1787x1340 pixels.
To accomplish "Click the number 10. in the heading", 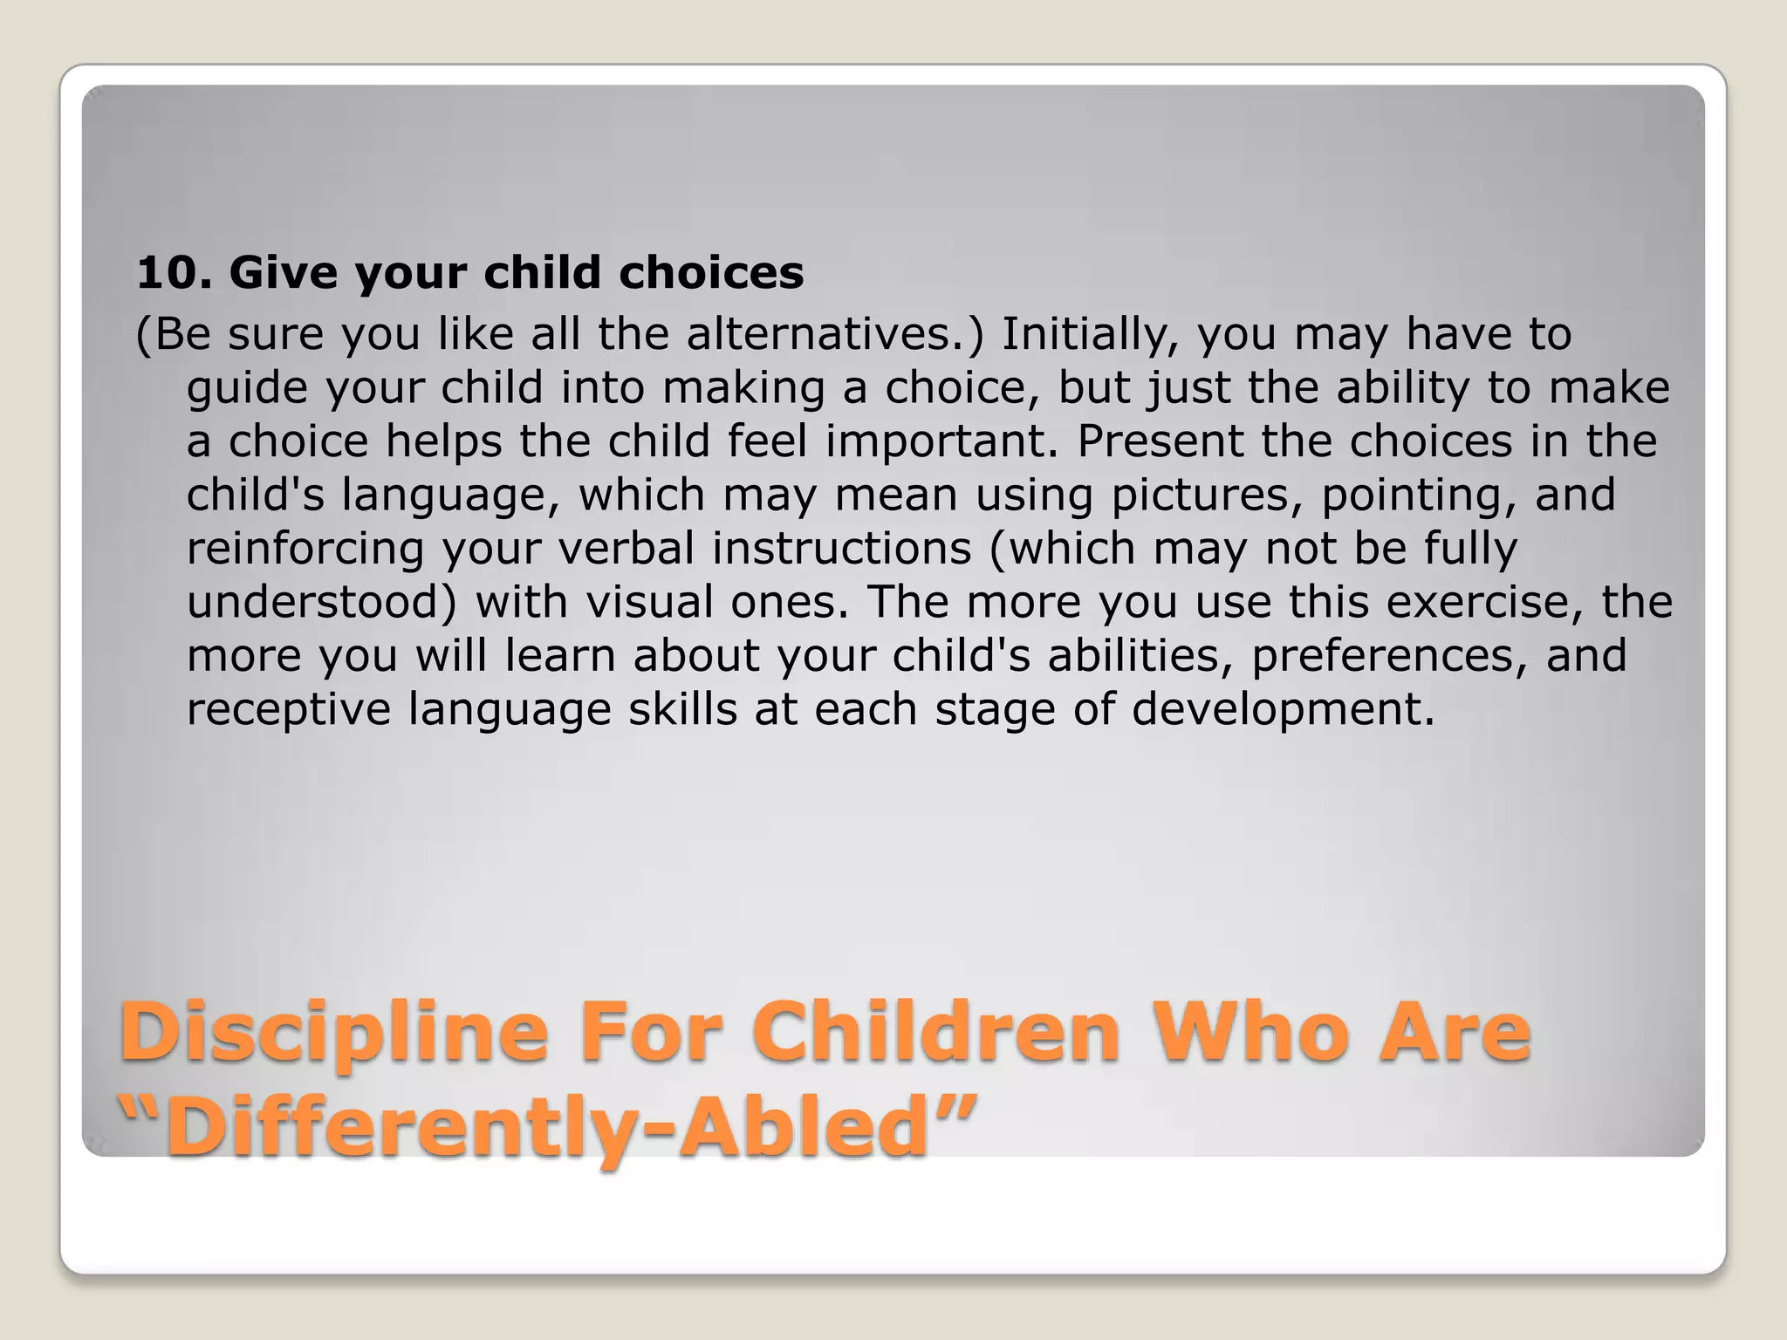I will pos(174,273).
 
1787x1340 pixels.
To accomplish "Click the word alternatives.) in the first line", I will pos(835,334).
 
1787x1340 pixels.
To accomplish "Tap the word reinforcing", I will pos(305,549).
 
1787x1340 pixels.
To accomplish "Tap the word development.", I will pos(1283,709).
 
